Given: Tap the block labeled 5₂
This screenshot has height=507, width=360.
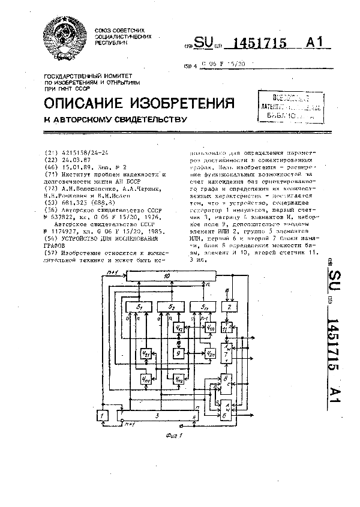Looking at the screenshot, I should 170,308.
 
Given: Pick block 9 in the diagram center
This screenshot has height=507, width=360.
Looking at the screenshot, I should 178,353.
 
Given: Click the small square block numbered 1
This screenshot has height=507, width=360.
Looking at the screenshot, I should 103,415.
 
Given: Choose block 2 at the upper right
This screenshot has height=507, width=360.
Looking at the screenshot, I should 229,308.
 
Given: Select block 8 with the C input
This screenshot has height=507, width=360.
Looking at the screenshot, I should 226,379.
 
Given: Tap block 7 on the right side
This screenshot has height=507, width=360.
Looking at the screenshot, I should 226,352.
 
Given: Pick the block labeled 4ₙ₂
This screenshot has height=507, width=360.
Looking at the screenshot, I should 178,379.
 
